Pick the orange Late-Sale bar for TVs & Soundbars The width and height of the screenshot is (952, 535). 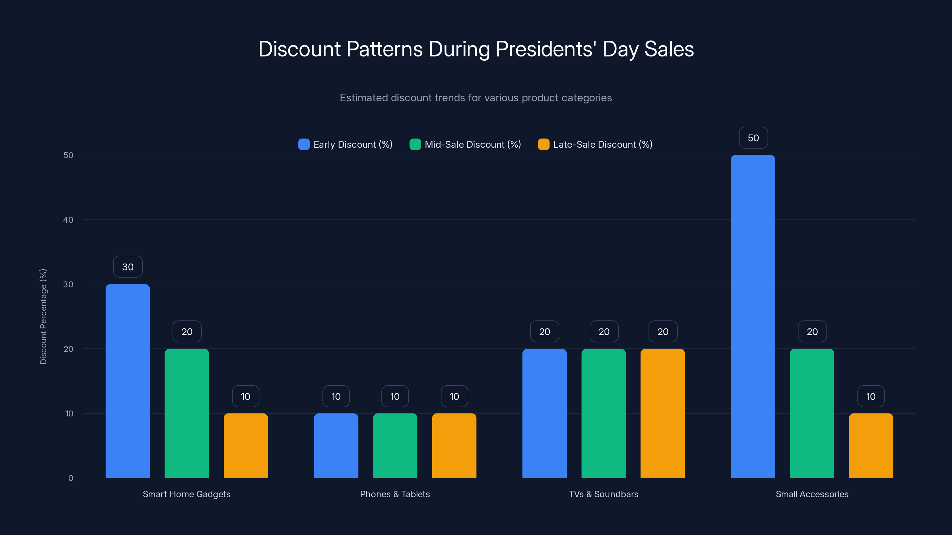click(x=663, y=413)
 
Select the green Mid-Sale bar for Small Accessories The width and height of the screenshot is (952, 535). click(x=812, y=413)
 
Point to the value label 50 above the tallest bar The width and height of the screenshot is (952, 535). click(x=753, y=138)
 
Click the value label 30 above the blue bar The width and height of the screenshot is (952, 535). click(x=128, y=267)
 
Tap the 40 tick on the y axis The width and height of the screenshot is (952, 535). click(x=68, y=220)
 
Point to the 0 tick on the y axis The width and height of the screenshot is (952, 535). click(x=71, y=478)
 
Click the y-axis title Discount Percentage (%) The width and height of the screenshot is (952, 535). click(x=43, y=317)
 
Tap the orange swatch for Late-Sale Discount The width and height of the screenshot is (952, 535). click(x=544, y=144)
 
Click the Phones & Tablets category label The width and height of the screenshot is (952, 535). click(x=395, y=494)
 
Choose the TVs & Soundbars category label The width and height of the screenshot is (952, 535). click(x=603, y=494)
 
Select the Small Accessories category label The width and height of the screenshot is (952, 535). click(x=812, y=494)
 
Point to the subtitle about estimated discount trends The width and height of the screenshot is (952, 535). click(x=476, y=98)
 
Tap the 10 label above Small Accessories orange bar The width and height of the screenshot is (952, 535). click(x=871, y=396)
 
